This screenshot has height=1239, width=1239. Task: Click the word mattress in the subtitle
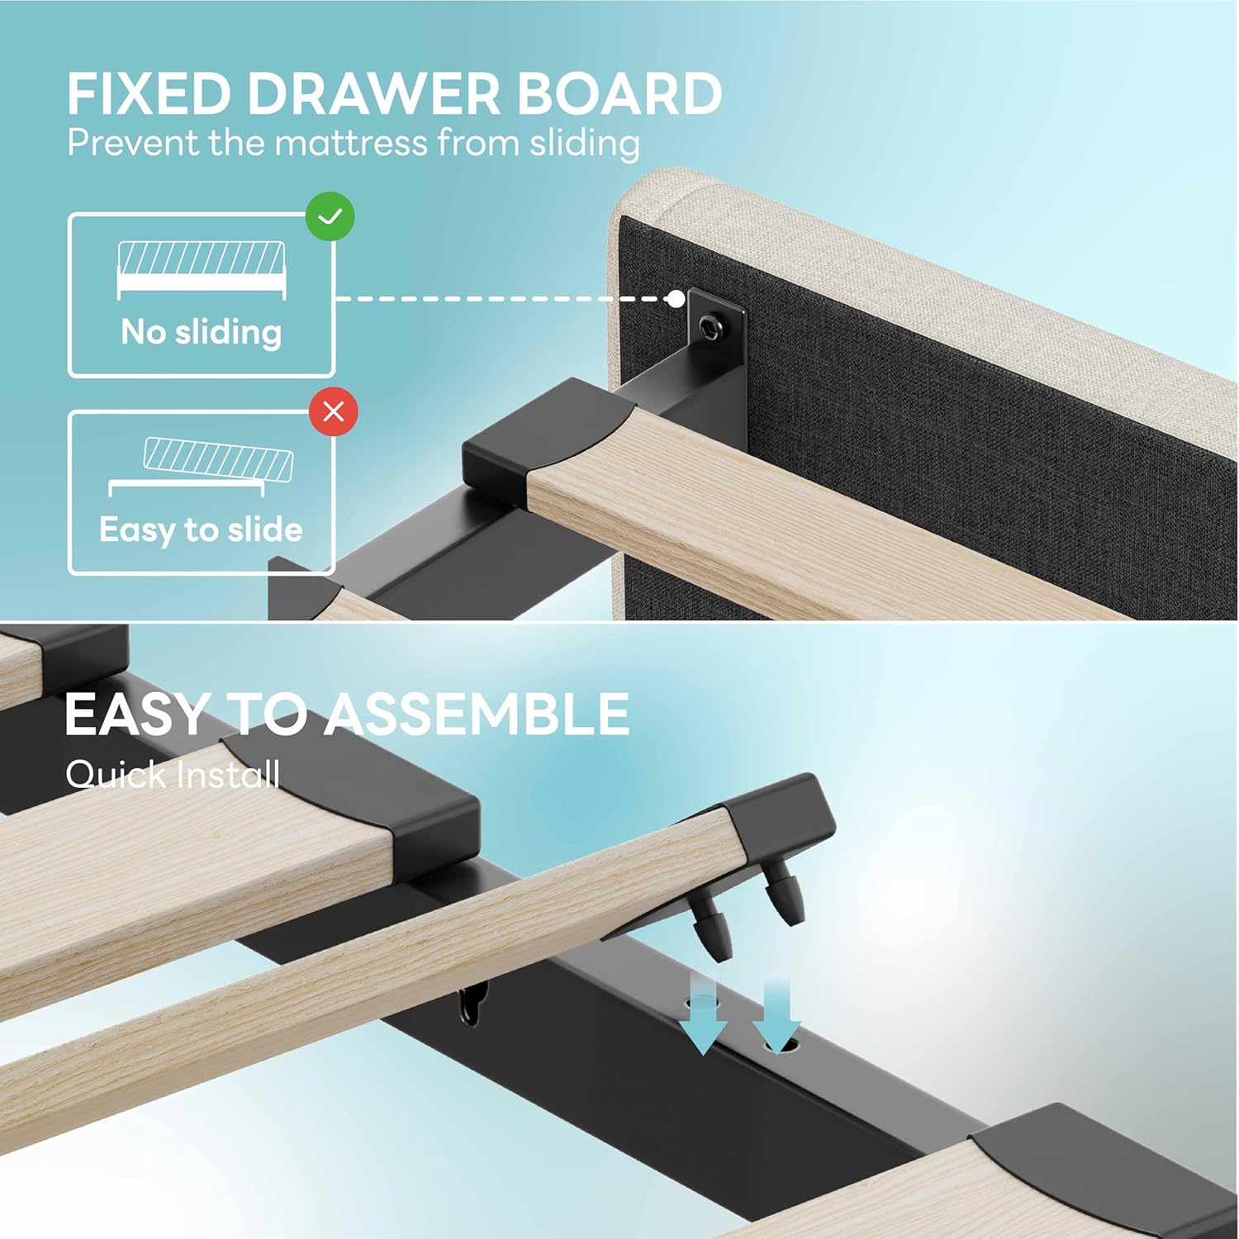(x=351, y=143)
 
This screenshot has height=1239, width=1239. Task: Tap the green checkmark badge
(x=330, y=216)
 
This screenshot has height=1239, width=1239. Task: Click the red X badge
(x=334, y=411)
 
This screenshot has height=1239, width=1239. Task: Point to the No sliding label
(x=202, y=332)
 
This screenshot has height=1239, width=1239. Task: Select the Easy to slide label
(x=201, y=529)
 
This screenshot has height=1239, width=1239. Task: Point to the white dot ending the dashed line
(x=676, y=299)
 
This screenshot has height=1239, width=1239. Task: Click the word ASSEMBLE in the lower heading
(x=477, y=714)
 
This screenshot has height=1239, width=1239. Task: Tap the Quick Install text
(x=173, y=775)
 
